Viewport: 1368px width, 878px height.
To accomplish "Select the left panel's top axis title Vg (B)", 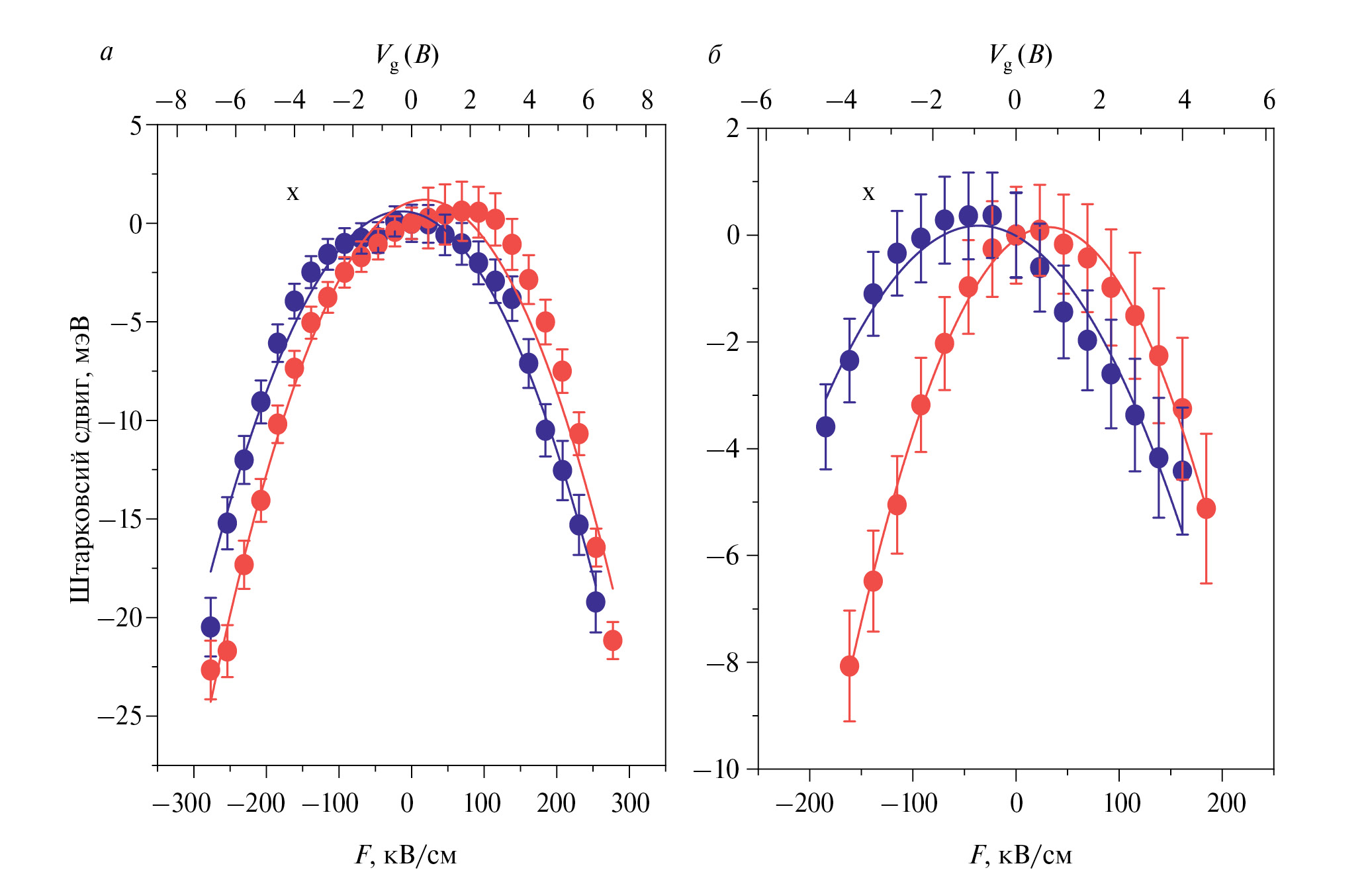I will (407, 56).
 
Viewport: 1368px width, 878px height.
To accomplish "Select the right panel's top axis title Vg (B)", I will (1021, 56).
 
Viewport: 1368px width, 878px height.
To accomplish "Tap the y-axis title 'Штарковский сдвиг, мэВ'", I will (80, 460).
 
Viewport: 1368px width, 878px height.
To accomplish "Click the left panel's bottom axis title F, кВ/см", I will (406, 855).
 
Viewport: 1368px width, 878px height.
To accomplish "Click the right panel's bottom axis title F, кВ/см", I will (1021, 855).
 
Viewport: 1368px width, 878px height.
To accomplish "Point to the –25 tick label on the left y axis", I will (120, 716).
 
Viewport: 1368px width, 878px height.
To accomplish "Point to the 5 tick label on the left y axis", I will (136, 125).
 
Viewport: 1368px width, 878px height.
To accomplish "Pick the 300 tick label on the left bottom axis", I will (630, 803).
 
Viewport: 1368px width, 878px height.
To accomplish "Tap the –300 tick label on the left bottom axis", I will (182, 803).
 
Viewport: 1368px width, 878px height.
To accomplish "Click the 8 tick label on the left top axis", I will (647, 101).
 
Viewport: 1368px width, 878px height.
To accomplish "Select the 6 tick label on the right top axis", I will (1269, 101).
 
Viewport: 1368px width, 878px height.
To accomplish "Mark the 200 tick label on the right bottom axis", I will (1226, 803).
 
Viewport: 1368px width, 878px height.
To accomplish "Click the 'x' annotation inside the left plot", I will (293, 193).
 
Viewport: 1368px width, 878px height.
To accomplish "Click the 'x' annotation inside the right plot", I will (868, 193).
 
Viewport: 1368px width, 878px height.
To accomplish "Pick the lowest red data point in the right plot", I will (849, 666).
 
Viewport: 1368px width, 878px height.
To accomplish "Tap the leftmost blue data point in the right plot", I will (825, 427).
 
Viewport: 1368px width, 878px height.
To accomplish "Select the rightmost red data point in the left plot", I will (613, 640).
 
